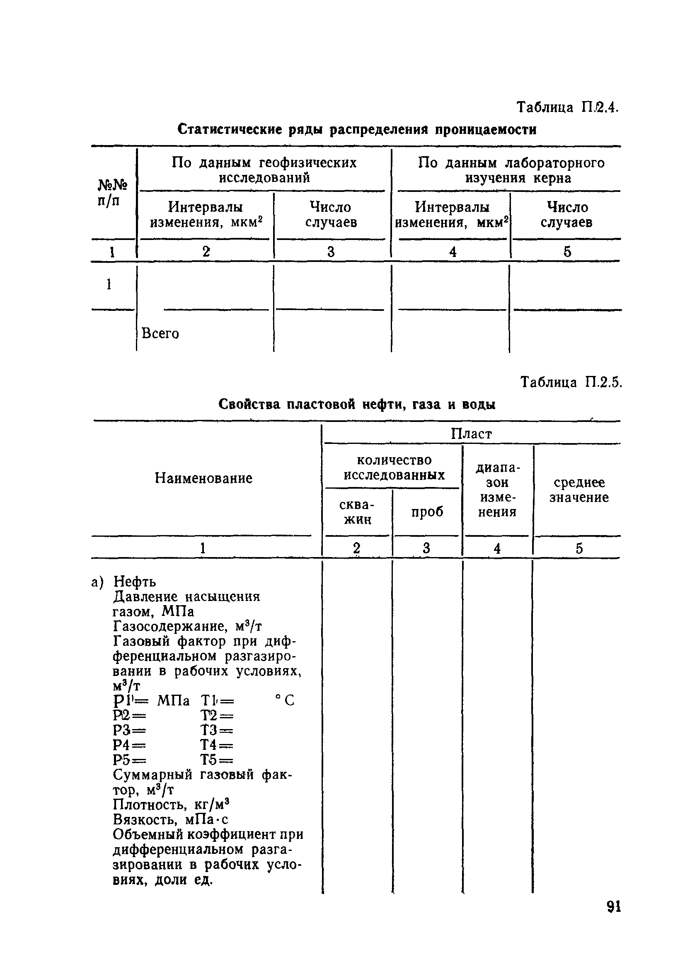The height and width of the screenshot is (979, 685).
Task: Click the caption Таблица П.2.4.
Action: tap(567, 107)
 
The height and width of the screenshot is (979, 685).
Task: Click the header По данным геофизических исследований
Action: tap(264, 170)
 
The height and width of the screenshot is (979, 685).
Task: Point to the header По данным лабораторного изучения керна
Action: tap(511, 170)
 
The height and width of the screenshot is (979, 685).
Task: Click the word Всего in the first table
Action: tap(160, 333)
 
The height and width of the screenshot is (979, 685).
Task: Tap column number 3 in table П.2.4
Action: tap(331, 252)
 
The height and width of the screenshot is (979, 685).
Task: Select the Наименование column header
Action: tap(203, 478)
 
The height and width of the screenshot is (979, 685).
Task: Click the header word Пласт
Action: tap(471, 434)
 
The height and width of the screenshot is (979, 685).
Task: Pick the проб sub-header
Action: tap(427, 511)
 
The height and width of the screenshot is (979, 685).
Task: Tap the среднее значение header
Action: tap(578, 490)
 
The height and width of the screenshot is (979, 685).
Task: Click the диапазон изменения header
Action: tap(497, 490)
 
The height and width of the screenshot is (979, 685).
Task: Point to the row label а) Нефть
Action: tap(124, 582)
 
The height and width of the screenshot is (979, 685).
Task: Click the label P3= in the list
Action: tap(129, 731)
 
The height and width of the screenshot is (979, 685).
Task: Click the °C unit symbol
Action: tap(284, 700)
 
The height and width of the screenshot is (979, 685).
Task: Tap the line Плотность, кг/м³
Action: tap(172, 804)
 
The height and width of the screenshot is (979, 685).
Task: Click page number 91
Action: tap(613, 906)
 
